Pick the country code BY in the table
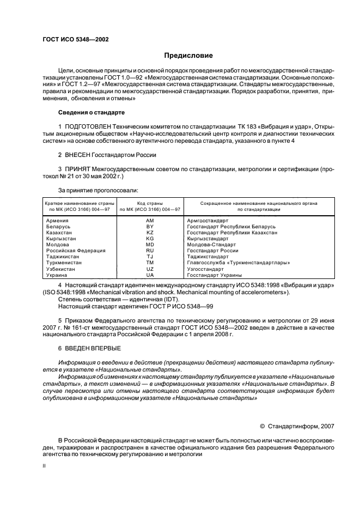(x=150, y=226)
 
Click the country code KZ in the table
(x=150, y=232)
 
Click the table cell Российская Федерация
(x=72, y=251)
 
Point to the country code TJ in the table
(x=150, y=257)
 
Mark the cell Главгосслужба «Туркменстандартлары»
(x=238, y=263)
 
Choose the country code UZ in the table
(x=150, y=269)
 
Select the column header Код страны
(x=150, y=202)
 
